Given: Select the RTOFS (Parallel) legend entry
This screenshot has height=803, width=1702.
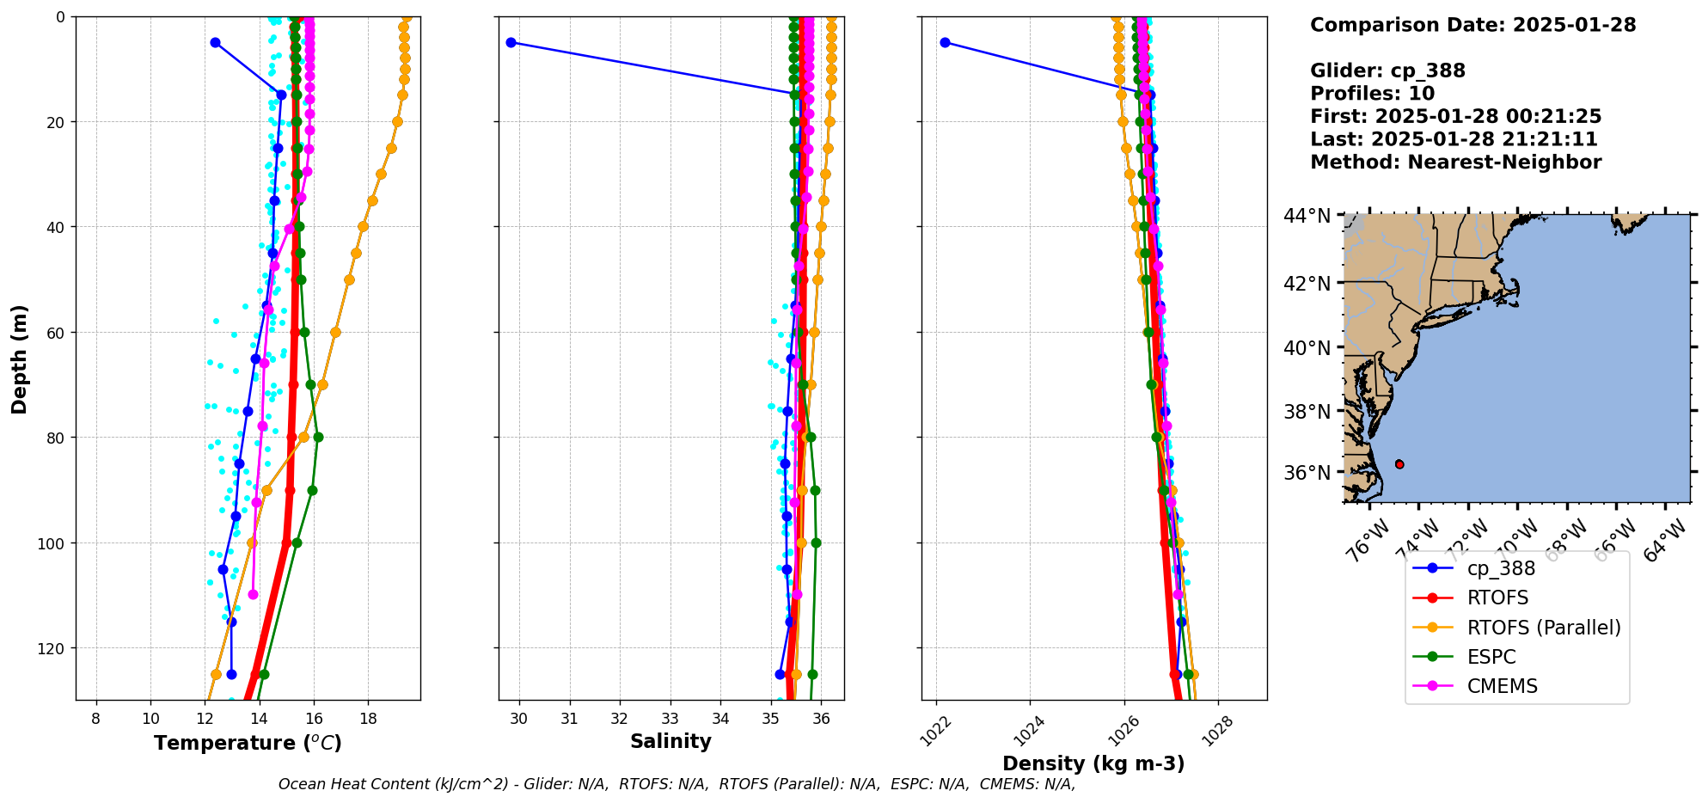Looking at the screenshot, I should pyautogui.click(x=1543, y=628).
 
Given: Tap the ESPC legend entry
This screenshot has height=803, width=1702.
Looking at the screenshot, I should pyautogui.click(x=1491, y=657).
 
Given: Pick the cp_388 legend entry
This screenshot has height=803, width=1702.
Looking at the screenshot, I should pyautogui.click(x=1500, y=568).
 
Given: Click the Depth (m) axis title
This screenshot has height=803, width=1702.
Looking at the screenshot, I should pyautogui.click(x=19, y=359).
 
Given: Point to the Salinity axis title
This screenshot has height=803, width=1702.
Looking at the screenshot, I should pyautogui.click(x=670, y=742).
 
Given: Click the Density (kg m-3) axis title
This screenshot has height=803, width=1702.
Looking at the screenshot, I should pyautogui.click(x=1093, y=763).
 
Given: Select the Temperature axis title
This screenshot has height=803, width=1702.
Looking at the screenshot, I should pyautogui.click(x=248, y=743).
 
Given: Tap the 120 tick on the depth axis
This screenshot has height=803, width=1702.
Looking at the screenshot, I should pyautogui.click(x=52, y=648).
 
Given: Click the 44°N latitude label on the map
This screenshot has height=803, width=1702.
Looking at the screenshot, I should pyautogui.click(x=1307, y=216).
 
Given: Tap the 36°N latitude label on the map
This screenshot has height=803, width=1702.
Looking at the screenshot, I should pyautogui.click(x=1307, y=473).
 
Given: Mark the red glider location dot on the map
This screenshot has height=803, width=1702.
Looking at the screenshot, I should pyautogui.click(x=1399, y=464).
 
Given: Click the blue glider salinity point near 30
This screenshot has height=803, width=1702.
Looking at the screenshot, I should pyautogui.click(x=511, y=42).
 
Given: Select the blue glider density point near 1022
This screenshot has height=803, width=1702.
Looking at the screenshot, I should pyautogui.click(x=945, y=42).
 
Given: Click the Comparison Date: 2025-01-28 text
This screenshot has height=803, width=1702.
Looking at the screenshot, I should pyautogui.click(x=1472, y=25).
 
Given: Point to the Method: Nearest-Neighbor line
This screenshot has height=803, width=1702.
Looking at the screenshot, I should pyautogui.click(x=1455, y=162).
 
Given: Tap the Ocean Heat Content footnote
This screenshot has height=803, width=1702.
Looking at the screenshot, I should pyautogui.click(x=677, y=784).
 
